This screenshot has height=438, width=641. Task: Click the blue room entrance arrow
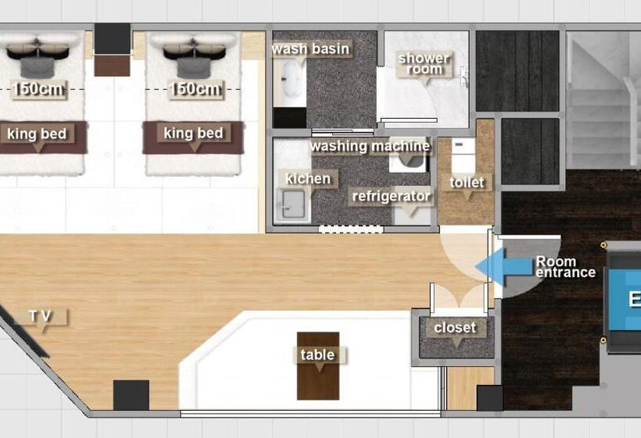tap(505, 266)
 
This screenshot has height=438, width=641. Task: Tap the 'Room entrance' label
tap(565, 267)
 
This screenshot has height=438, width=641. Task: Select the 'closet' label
tap(455, 328)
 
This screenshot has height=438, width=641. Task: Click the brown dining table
tap(318, 365)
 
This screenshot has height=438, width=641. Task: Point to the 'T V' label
tap(40, 316)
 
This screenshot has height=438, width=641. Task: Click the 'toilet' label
tap(467, 182)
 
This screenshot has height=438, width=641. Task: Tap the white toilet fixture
tap(464, 156)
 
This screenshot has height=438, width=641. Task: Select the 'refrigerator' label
tap(391, 196)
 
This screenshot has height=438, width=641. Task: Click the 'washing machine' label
tap(371, 146)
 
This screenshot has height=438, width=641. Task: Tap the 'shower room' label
tap(424, 63)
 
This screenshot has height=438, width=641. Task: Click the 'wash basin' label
tap(310, 48)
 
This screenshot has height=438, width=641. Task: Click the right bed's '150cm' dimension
tap(195, 89)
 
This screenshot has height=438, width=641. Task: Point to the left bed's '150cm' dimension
tap(38, 89)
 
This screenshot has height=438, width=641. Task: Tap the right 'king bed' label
tap(193, 133)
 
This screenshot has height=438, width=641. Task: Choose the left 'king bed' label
tap(37, 134)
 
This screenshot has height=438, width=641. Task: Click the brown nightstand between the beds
tap(112, 66)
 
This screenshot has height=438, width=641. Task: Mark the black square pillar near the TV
tap(131, 395)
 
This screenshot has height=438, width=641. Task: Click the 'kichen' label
tap(308, 178)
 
